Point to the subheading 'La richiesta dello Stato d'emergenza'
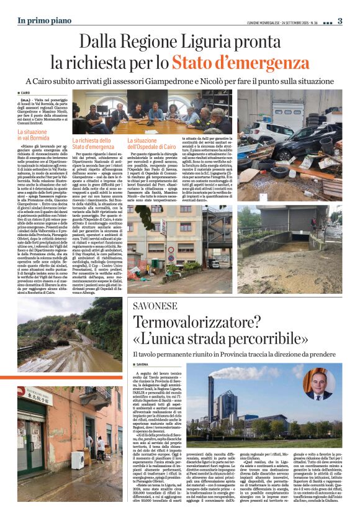pyautogui.click(x=92, y=144)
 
